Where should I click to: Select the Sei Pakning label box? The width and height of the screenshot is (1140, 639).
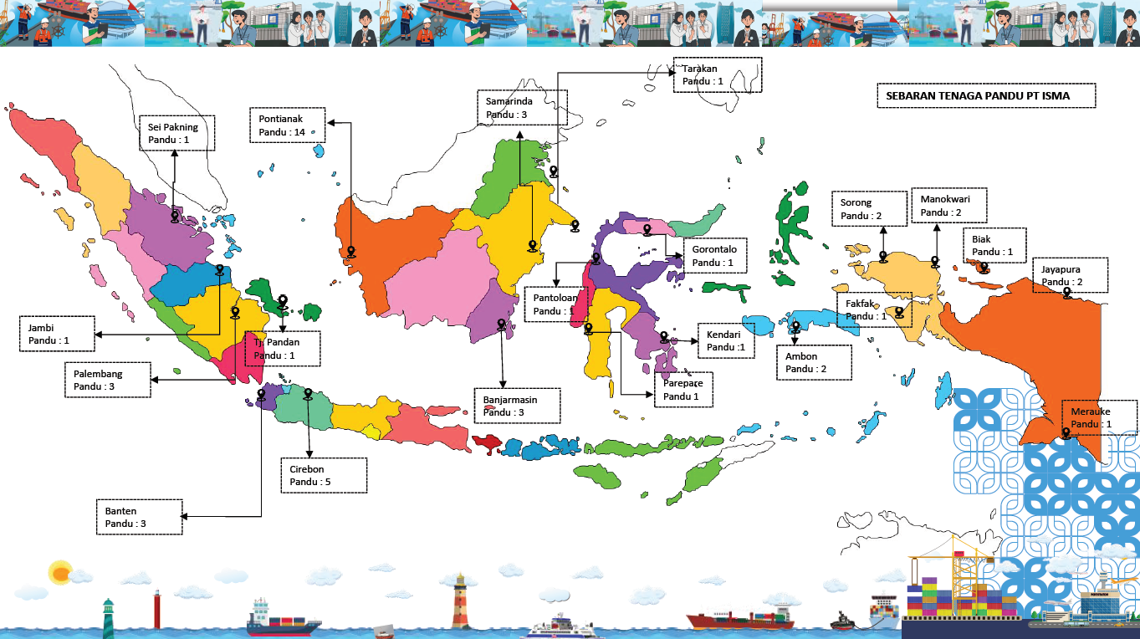coord(176,133)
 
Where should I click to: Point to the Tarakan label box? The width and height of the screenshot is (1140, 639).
coord(718,75)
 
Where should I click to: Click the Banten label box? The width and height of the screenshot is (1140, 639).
coord(139,517)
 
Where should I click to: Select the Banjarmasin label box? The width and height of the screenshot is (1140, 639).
coord(517,405)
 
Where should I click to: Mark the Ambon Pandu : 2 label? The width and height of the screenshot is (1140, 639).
coord(814,362)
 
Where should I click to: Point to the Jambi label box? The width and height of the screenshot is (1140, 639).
coord(56,335)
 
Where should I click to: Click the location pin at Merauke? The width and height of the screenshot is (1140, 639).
coord(1066,433)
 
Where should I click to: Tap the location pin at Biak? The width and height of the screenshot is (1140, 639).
coord(984,268)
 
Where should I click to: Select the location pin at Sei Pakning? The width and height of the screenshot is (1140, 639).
coord(175,216)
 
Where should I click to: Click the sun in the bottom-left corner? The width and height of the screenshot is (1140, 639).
coord(60,572)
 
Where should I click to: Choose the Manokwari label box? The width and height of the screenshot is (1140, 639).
coord(948,206)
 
